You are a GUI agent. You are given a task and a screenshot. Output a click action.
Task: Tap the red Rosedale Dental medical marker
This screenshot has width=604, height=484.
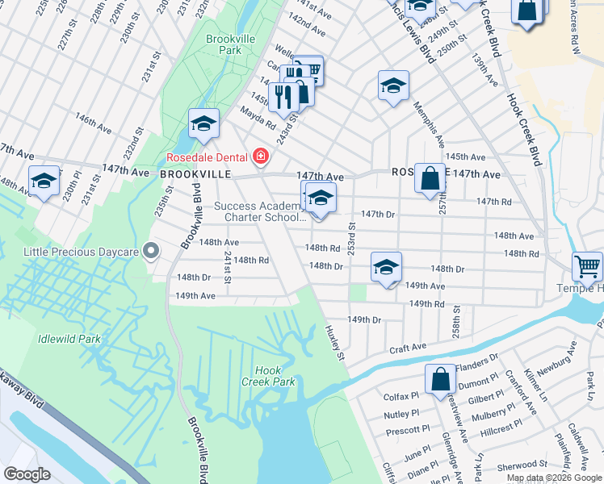click(261, 156)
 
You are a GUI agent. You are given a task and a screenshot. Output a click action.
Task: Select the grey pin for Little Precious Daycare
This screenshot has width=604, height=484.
click(149, 250)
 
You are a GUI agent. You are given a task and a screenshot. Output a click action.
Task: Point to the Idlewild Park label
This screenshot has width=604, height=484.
click(69, 339)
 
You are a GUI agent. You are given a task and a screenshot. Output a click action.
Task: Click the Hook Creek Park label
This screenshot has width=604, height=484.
click(270, 376)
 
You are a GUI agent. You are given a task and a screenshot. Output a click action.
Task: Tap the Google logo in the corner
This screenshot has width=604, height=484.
click(27, 474)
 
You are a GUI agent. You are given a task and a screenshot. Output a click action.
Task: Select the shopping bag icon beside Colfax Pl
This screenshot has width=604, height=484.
click(440, 378)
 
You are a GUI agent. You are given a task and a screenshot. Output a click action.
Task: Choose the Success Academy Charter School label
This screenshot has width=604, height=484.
click(259, 211)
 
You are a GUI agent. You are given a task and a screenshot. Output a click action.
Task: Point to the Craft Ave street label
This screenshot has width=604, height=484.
click(407, 348)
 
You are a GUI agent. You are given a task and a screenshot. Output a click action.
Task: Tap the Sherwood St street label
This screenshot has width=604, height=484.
click(522, 465)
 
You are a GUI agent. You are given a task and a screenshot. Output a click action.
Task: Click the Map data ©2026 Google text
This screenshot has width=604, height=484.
click(553, 478)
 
